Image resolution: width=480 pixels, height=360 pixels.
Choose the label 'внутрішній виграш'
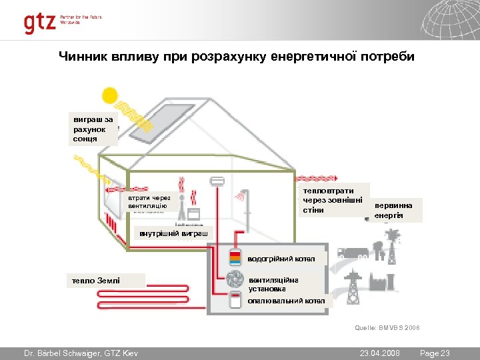(173, 233)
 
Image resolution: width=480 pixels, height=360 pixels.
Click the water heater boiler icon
(235, 258)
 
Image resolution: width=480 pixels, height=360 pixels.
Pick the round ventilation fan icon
(235, 279)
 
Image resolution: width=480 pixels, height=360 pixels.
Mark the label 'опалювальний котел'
(286, 301)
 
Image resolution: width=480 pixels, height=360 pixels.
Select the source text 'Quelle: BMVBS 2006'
(387, 327)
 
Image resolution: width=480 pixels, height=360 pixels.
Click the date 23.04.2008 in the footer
(379, 352)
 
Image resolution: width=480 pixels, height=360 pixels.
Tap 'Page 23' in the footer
(436, 352)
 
